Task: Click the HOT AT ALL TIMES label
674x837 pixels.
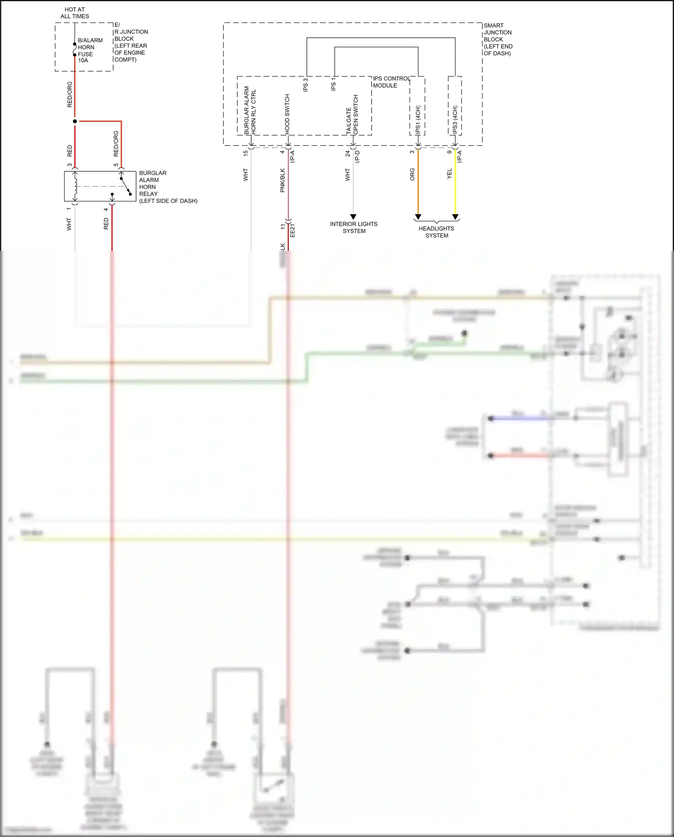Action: [75, 13]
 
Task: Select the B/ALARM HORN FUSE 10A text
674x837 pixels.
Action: [89, 50]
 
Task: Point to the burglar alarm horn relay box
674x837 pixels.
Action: [100, 186]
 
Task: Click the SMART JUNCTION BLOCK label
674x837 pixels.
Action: [497, 39]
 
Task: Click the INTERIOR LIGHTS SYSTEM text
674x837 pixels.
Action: [354, 227]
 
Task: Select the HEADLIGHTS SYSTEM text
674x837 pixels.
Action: [436, 232]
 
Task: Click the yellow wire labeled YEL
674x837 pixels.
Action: [455, 184]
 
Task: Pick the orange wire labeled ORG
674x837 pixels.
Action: [418, 184]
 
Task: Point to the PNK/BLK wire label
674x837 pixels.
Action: [283, 180]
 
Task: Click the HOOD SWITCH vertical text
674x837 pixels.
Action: [287, 113]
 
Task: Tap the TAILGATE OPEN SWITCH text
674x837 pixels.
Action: [352, 114]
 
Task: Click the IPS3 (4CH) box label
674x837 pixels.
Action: [455, 119]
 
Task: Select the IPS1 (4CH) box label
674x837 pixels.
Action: [417, 119]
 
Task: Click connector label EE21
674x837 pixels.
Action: [293, 230]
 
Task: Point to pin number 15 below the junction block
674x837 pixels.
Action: [245, 153]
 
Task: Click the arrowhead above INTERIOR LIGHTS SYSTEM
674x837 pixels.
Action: [353, 217]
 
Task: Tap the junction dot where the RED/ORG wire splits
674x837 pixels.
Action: [75, 121]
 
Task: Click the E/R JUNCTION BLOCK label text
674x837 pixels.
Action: [130, 42]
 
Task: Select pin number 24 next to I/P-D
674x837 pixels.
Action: [348, 153]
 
